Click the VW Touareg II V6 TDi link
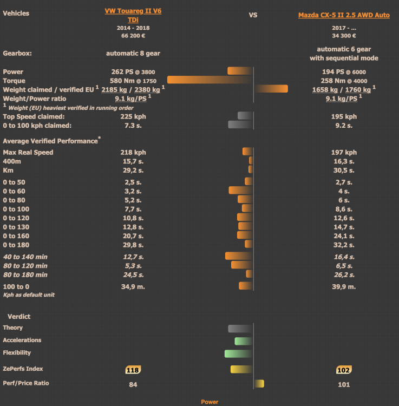point(133,15)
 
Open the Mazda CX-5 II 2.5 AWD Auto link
point(344,15)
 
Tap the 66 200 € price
point(133,35)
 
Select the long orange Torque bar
point(210,80)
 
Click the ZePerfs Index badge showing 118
point(133,370)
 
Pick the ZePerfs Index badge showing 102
point(344,370)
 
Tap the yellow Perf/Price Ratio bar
point(259,384)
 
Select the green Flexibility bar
point(238,353)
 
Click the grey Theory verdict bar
point(240,328)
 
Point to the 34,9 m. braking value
point(133,286)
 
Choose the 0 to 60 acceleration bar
point(240,191)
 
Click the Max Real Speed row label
point(28,153)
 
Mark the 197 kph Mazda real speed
point(344,153)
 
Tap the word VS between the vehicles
point(253,15)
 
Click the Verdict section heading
point(19,316)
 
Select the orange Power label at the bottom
point(210,402)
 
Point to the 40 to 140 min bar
point(239,256)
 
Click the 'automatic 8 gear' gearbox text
point(133,54)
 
